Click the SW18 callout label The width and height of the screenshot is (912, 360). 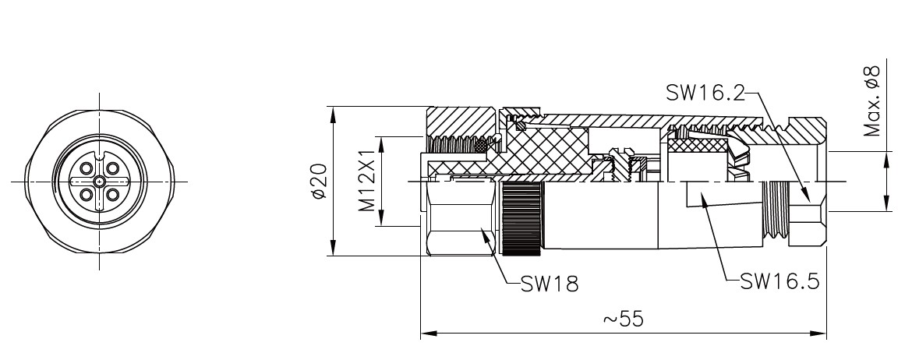point(550,284)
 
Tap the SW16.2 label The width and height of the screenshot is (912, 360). point(705,93)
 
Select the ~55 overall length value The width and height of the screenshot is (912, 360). point(623,319)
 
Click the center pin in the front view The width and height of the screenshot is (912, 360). point(100,182)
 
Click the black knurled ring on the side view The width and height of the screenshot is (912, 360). point(521,221)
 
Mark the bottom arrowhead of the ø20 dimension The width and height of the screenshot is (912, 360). point(334,251)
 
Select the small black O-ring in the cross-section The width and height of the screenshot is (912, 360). point(481,146)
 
